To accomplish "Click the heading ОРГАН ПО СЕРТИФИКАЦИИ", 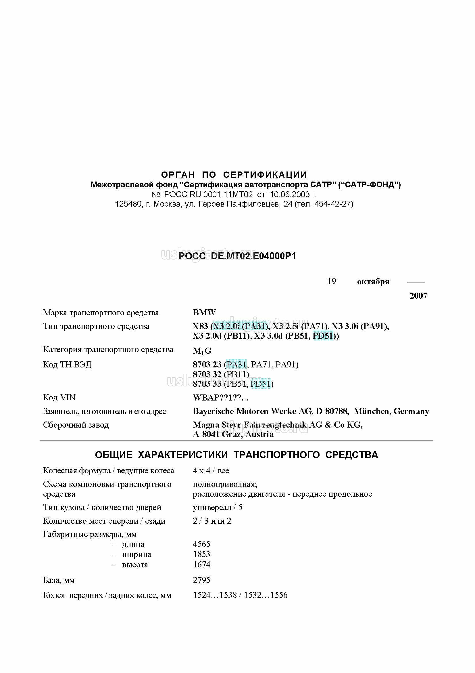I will (x=234, y=175).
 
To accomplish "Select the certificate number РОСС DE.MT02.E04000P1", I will (x=237, y=256).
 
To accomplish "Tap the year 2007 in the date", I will (x=418, y=295).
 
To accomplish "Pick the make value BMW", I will (x=204, y=312).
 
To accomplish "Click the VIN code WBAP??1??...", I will (x=221, y=398).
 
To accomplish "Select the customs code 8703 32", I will (x=207, y=374).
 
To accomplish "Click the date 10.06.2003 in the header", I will (x=289, y=194).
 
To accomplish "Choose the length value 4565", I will (x=201, y=544).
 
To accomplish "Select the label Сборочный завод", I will (x=76, y=425).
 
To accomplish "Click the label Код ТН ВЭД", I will (x=67, y=365).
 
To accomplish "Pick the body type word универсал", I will (x=212, y=507).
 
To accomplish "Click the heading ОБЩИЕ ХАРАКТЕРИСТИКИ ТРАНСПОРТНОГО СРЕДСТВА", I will (x=236, y=455).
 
